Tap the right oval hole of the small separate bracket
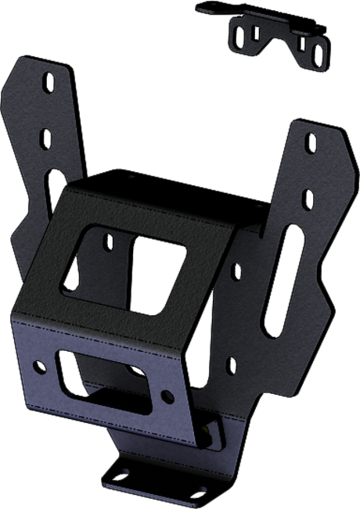pyautogui.click(x=316, y=54)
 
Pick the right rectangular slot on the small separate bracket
pyautogui.click(x=300, y=46)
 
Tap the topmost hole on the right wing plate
pyautogui.click(x=311, y=144)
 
